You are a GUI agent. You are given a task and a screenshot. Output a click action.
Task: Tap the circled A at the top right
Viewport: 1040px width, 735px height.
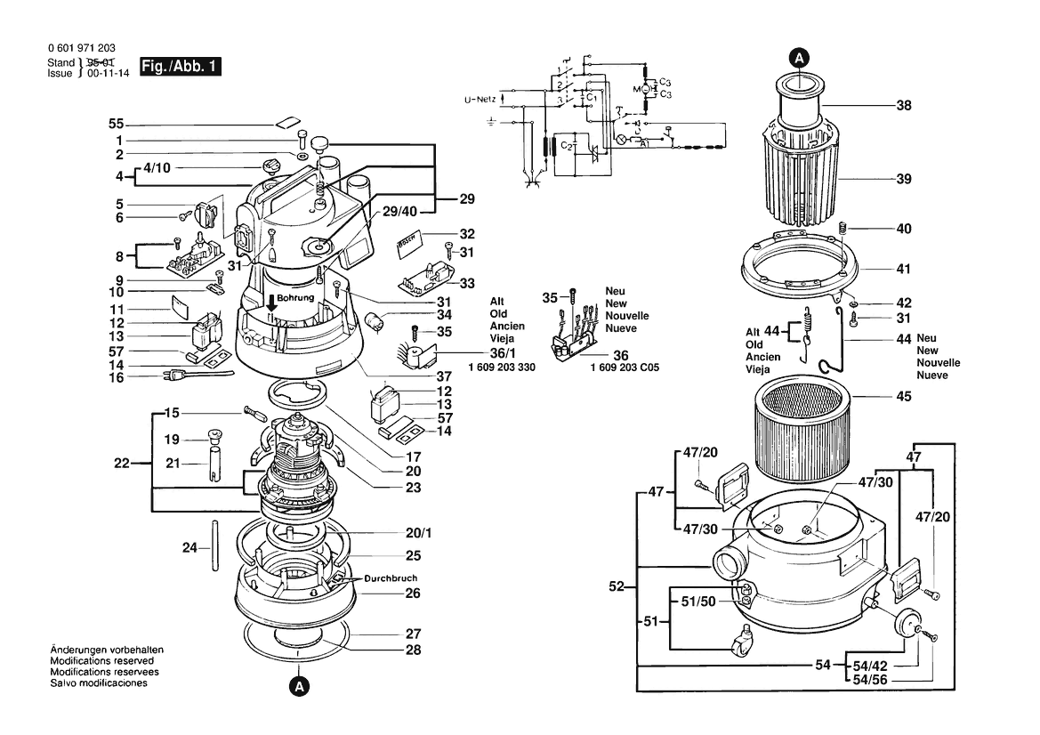pos(799,58)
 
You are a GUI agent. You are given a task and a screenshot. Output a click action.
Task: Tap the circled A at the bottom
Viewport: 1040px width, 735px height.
pos(300,686)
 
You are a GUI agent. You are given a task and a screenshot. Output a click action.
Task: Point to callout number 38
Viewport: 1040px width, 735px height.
pos(904,105)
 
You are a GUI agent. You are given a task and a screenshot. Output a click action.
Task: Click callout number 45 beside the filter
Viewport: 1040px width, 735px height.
pos(904,397)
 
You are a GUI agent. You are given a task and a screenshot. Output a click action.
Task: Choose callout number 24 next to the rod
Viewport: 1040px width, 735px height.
pos(189,548)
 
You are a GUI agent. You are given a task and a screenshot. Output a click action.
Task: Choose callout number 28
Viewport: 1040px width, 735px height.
pos(413,650)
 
